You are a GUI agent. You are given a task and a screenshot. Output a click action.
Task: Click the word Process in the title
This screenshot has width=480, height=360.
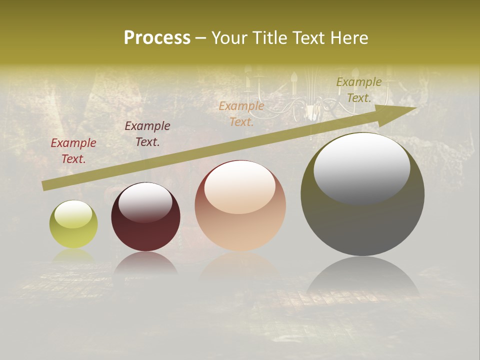157,37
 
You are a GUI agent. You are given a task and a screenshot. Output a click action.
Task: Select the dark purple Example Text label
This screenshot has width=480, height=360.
147,134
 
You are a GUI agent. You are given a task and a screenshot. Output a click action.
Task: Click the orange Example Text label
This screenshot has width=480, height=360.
241,114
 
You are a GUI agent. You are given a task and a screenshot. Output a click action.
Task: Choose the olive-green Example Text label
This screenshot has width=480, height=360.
359,90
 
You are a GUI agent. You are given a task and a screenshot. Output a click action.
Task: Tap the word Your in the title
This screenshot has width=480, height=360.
230,37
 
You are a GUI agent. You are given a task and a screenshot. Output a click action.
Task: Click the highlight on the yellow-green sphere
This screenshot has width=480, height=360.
73,214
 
